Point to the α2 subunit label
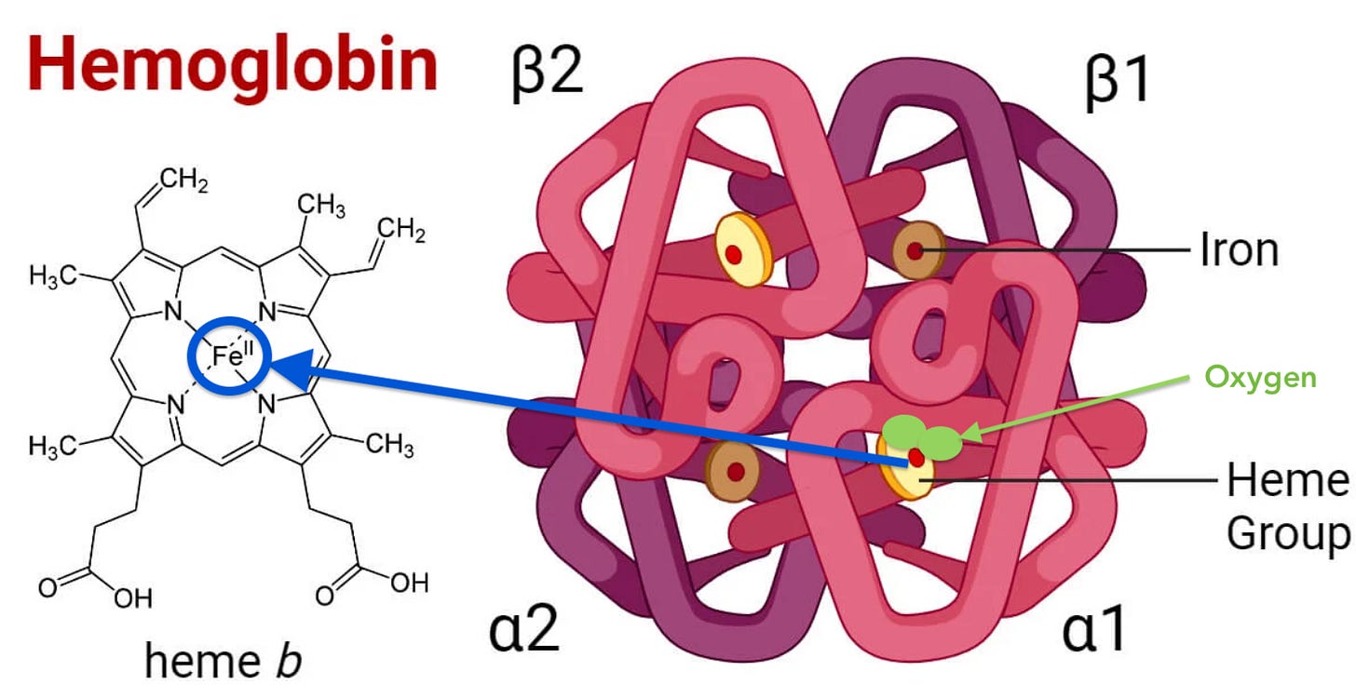click(x=523, y=629)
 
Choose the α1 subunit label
click(x=1093, y=629)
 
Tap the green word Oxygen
click(x=1260, y=378)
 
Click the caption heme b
click(x=223, y=661)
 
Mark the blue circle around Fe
click(x=227, y=357)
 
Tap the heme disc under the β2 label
click(x=743, y=249)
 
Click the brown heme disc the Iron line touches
click(x=915, y=249)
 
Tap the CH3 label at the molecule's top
click(x=322, y=207)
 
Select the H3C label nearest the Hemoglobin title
click(x=55, y=277)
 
